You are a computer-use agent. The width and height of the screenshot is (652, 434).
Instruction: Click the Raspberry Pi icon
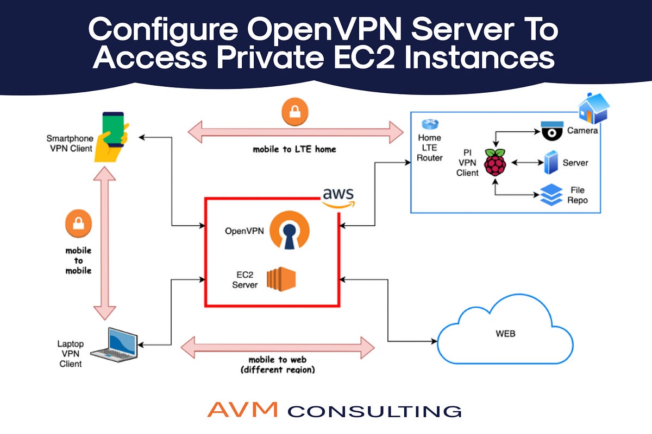tap(495, 162)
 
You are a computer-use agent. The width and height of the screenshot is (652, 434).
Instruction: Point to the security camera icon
tap(552, 131)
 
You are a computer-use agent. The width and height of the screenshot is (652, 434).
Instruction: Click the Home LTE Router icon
tap(429, 124)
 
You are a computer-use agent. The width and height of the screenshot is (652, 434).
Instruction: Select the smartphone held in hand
tap(113, 136)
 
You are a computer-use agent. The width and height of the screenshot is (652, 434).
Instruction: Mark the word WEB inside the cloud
tap(505, 334)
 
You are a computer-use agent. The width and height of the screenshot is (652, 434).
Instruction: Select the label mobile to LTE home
tap(294, 149)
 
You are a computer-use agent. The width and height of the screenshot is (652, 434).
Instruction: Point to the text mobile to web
tap(277, 360)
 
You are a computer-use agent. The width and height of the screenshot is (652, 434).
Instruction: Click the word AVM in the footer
tap(243, 410)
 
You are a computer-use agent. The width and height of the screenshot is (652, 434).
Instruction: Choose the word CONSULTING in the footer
tap(374, 411)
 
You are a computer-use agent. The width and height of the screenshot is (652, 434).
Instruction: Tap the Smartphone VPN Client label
tap(70, 143)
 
